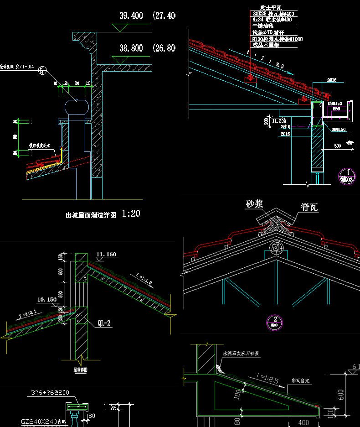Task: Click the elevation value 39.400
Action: [131, 16]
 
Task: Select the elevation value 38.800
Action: [131, 48]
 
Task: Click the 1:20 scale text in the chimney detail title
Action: [131, 214]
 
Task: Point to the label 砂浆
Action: [256, 204]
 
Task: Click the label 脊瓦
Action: [309, 208]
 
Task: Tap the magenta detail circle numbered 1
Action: [347, 175]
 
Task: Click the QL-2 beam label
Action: [104, 323]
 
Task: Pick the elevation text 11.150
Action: [106, 255]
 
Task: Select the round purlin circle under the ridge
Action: [276, 248]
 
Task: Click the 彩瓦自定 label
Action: [301, 380]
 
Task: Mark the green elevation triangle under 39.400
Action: [120, 28]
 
